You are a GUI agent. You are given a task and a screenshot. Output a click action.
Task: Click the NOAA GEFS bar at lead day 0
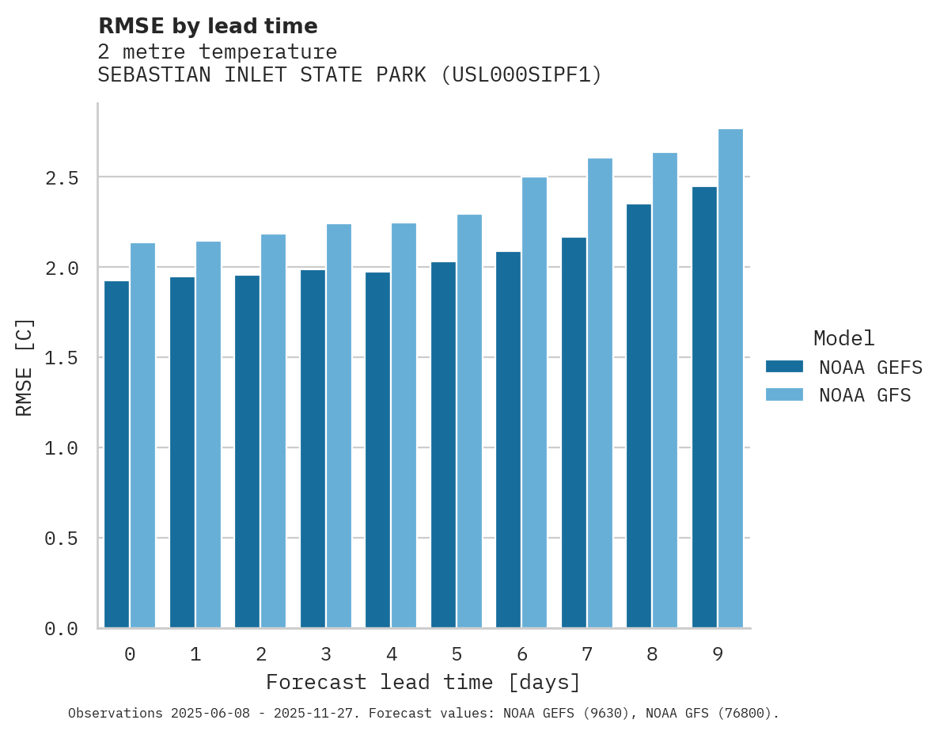pyautogui.click(x=116, y=455)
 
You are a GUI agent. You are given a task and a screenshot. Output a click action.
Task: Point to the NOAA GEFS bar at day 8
pyautogui.click(x=639, y=416)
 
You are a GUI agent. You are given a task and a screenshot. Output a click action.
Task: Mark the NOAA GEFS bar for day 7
pyautogui.click(x=574, y=432)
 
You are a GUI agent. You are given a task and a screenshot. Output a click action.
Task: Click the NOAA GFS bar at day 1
pyautogui.click(x=208, y=435)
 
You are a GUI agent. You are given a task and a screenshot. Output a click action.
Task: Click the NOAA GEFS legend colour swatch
pyautogui.click(x=784, y=367)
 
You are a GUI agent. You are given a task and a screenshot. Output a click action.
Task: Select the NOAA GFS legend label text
pyautogui.click(x=865, y=395)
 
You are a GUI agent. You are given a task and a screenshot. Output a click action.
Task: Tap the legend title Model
pyautogui.click(x=843, y=339)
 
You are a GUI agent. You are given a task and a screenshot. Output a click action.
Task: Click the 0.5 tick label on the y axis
pyautogui.click(x=62, y=539)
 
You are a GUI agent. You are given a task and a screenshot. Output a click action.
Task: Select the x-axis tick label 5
pyautogui.click(x=457, y=654)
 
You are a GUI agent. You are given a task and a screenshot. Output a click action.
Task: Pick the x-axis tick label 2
pyautogui.click(x=260, y=654)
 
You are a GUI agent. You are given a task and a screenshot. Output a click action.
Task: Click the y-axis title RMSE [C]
pyautogui.click(x=25, y=367)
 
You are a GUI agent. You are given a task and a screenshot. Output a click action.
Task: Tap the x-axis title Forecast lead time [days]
pyautogui.click(x=423, y=682)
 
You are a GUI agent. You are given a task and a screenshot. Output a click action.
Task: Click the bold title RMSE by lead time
pyautogui.click(x=207, y=26)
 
